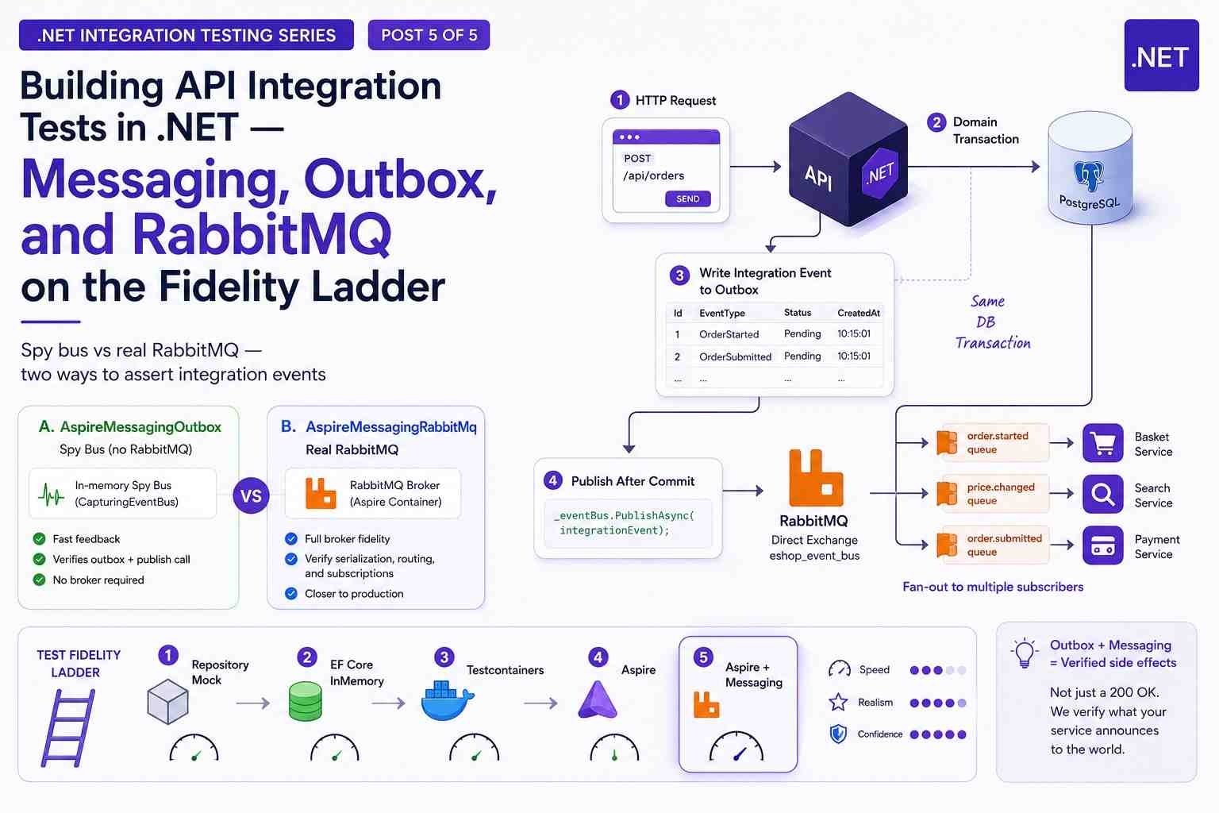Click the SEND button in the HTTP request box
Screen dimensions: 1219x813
(x=687, y=198)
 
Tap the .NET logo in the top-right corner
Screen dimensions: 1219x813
(x=1161, y=56)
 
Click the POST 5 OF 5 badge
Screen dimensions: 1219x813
(x=429, y=35)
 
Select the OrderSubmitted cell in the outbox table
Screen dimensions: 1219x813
(x=735, y=356)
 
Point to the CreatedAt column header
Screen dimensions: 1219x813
(x=858, y=313)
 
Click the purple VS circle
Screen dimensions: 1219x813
(x=251, y=495)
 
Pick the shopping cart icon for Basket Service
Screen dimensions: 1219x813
(x=1102, y=443)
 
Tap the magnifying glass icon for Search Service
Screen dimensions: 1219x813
(x=1102, y=494)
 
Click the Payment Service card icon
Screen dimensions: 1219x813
(x=1102, y=545)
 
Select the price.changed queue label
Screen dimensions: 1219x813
(x=1000, y=493)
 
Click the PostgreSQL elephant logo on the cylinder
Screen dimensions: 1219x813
(x=1089, y=175)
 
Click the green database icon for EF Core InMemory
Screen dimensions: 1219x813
(x=306, y=701)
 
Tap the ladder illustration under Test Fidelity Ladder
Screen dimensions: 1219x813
(x=68, y=727)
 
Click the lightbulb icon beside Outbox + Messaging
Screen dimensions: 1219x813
(x=1025, y=653)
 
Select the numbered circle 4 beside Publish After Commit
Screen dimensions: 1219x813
(x=553, y=480)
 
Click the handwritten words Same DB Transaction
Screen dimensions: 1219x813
(x=993, y=322)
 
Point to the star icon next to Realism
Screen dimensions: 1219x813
(x=838, y=702)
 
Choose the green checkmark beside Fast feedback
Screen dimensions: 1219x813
(x=39, y=538)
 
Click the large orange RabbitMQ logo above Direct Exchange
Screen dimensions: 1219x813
(x=816, y=478)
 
